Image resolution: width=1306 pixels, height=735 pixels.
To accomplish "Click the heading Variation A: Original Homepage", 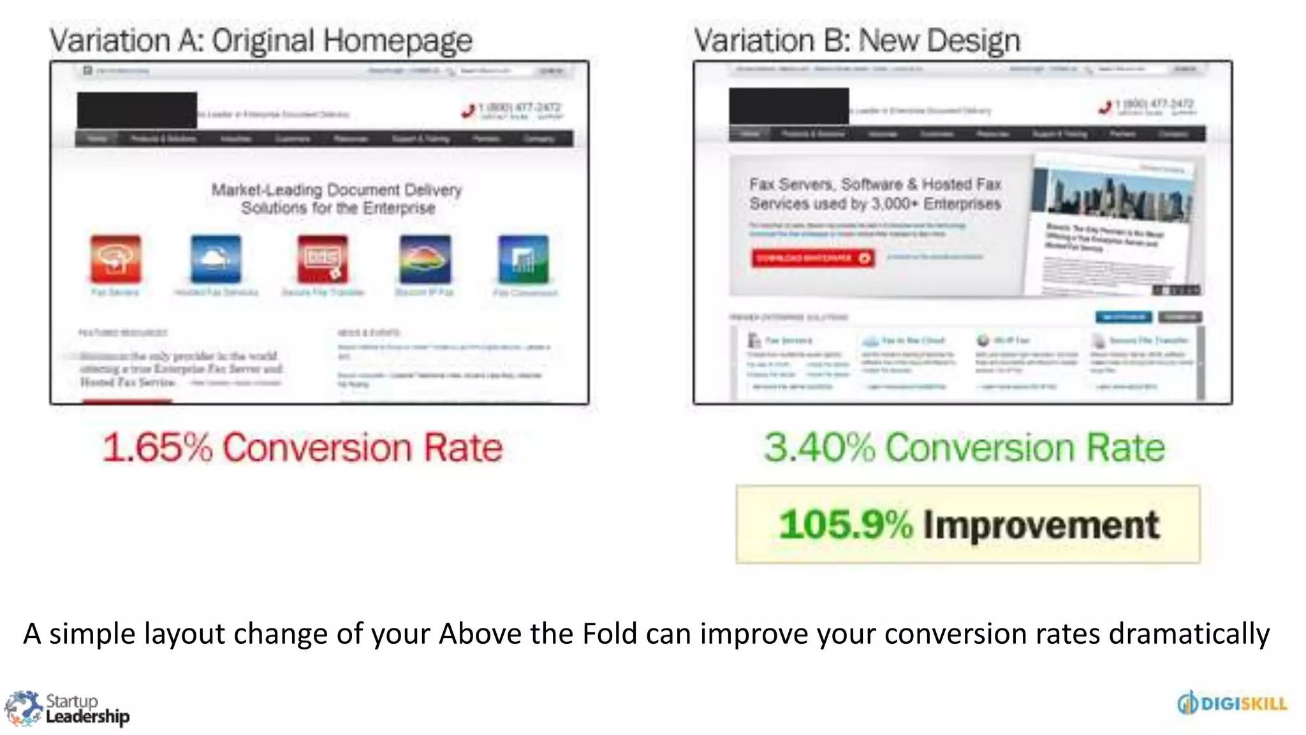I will point(261,41).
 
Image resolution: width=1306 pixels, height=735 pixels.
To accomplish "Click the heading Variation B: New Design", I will point(856,41).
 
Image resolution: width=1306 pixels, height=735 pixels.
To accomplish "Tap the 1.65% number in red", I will point(157,447).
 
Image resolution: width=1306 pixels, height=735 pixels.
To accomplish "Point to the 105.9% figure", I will point(846,524).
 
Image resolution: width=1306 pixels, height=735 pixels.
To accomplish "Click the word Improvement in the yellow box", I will point(1041,524).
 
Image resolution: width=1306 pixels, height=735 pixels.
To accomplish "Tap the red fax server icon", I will point(115,259).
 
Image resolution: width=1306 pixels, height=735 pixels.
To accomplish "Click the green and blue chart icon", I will point(523,259).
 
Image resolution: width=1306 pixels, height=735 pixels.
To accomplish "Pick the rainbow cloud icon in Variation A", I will point(425,259).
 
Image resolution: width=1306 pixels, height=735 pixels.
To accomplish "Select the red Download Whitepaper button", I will point(812,258).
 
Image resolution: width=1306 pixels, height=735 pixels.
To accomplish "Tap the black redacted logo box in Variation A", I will point(136,110).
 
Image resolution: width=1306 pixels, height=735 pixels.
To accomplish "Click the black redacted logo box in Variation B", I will point(789,106).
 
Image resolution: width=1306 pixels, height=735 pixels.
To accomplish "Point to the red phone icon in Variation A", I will point(469,110).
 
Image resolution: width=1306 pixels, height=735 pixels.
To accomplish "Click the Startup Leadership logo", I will point(67,708).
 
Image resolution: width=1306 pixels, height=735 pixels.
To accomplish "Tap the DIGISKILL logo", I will point(1232,703).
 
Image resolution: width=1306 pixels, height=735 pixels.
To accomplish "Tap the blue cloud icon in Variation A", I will point(216,259).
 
